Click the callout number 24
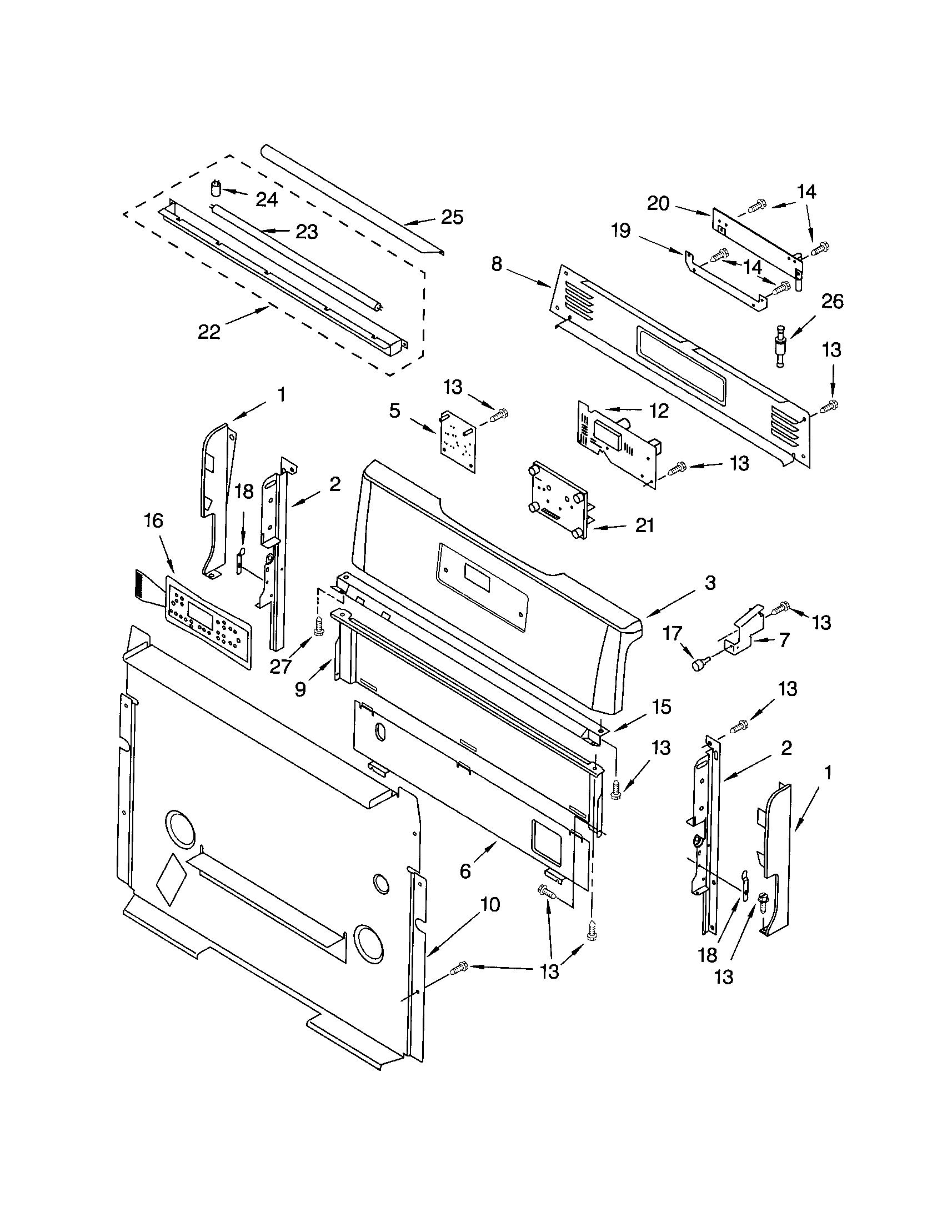click(267, 199)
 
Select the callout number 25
click(452, 217)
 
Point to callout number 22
click(209, 332)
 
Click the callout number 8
click(497, 264)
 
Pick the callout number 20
click(658, 204)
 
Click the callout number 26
click(832, 302)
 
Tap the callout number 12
click(659, 410)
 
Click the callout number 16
click(153, 521)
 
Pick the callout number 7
click(784, 639)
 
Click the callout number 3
click(710, 583)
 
